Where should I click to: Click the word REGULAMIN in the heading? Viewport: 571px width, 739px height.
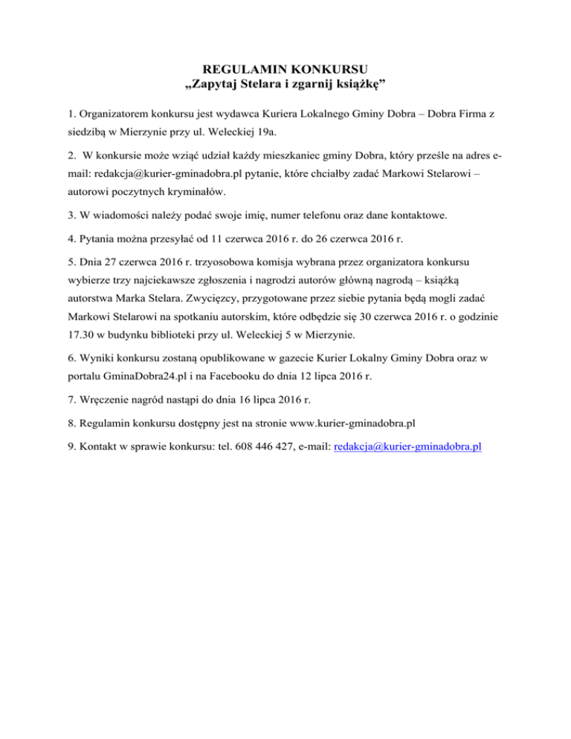click(x=225, y=72)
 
